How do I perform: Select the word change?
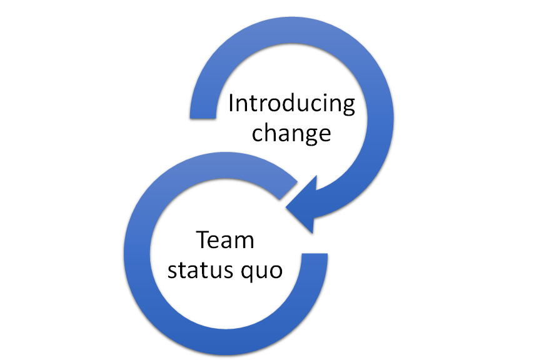(x=291, y=133)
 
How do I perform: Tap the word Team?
(x=225, y=241)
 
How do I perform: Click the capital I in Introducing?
(x=232, y=102)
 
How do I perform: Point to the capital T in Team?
(x=204, y=240)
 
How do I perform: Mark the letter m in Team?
(x=244, y=242)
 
